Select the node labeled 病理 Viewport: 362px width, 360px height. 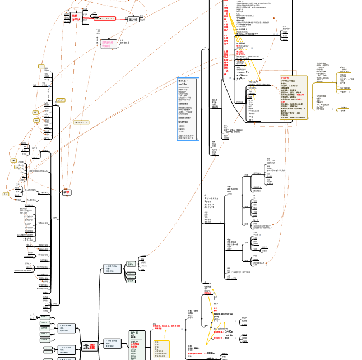(x=67, y=192)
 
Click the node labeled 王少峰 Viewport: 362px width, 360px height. (x=133, y=19)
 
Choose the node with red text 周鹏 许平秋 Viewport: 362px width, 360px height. (x=76, y=17)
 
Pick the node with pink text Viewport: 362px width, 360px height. (x=108, y=43)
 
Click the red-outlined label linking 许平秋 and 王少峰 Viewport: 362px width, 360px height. (x=106, y=18)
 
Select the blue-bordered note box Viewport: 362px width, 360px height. (x=188, y=109)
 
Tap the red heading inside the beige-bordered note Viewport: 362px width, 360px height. (x=285, y=78)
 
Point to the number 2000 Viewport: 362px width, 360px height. (x=211, y=353)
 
